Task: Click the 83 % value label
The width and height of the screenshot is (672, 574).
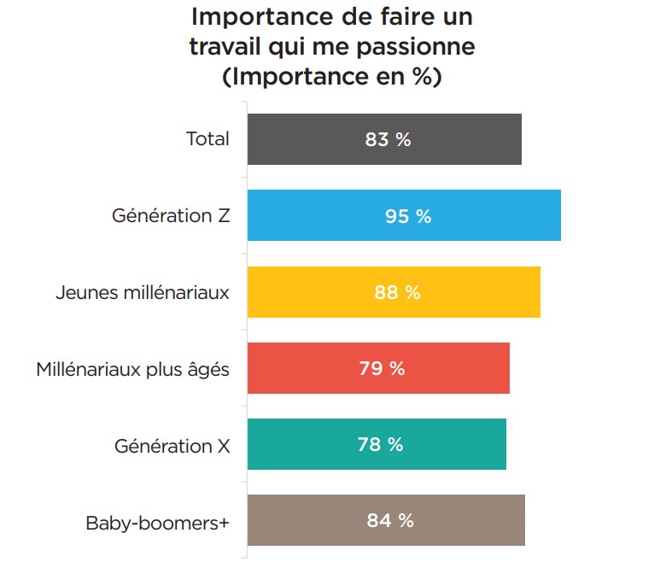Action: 388,139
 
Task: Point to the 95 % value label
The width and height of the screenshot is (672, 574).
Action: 407,216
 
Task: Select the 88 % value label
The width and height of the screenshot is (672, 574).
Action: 397,292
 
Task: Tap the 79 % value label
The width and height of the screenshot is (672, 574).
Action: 382,369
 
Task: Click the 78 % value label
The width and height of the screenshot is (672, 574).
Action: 380,444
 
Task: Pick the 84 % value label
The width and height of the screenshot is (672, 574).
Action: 390,520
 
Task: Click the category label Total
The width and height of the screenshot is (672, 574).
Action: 207,138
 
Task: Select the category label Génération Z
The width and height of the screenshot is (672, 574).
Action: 171,215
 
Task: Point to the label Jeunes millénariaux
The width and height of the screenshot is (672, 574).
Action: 143,292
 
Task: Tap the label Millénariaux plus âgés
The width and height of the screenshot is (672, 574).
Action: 132,369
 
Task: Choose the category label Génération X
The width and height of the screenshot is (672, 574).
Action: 172,445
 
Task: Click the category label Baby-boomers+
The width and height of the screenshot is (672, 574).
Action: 158,521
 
